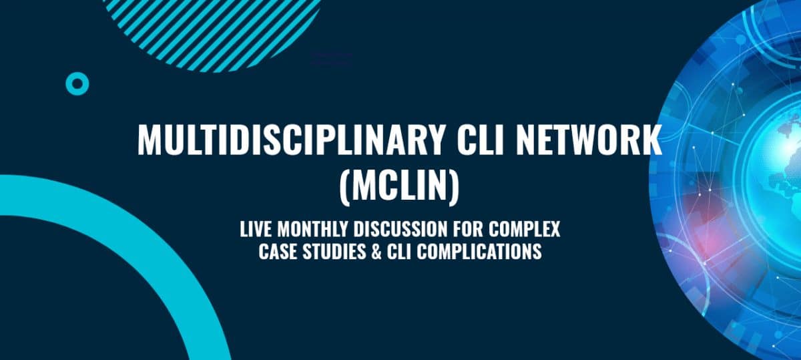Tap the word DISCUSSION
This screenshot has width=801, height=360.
400,229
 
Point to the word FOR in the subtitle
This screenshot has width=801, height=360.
468,229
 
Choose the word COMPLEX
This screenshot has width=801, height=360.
524,229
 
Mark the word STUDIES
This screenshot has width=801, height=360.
334,251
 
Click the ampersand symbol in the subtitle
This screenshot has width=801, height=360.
376,251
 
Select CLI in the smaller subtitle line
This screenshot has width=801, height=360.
398,251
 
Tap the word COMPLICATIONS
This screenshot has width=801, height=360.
479,251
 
